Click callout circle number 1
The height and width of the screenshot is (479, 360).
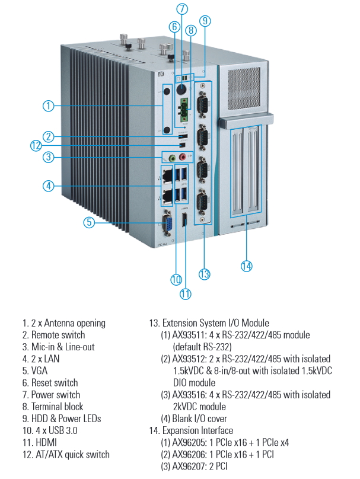(49, 106)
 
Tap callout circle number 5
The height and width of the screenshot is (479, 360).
(88, 222)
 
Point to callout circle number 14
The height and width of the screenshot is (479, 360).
(247, 266)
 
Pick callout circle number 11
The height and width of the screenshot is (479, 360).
(185, 293)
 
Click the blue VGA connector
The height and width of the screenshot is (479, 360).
(168, 225)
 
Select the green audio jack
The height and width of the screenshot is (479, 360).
(172, 158)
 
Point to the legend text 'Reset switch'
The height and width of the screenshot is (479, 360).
(54, 383)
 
